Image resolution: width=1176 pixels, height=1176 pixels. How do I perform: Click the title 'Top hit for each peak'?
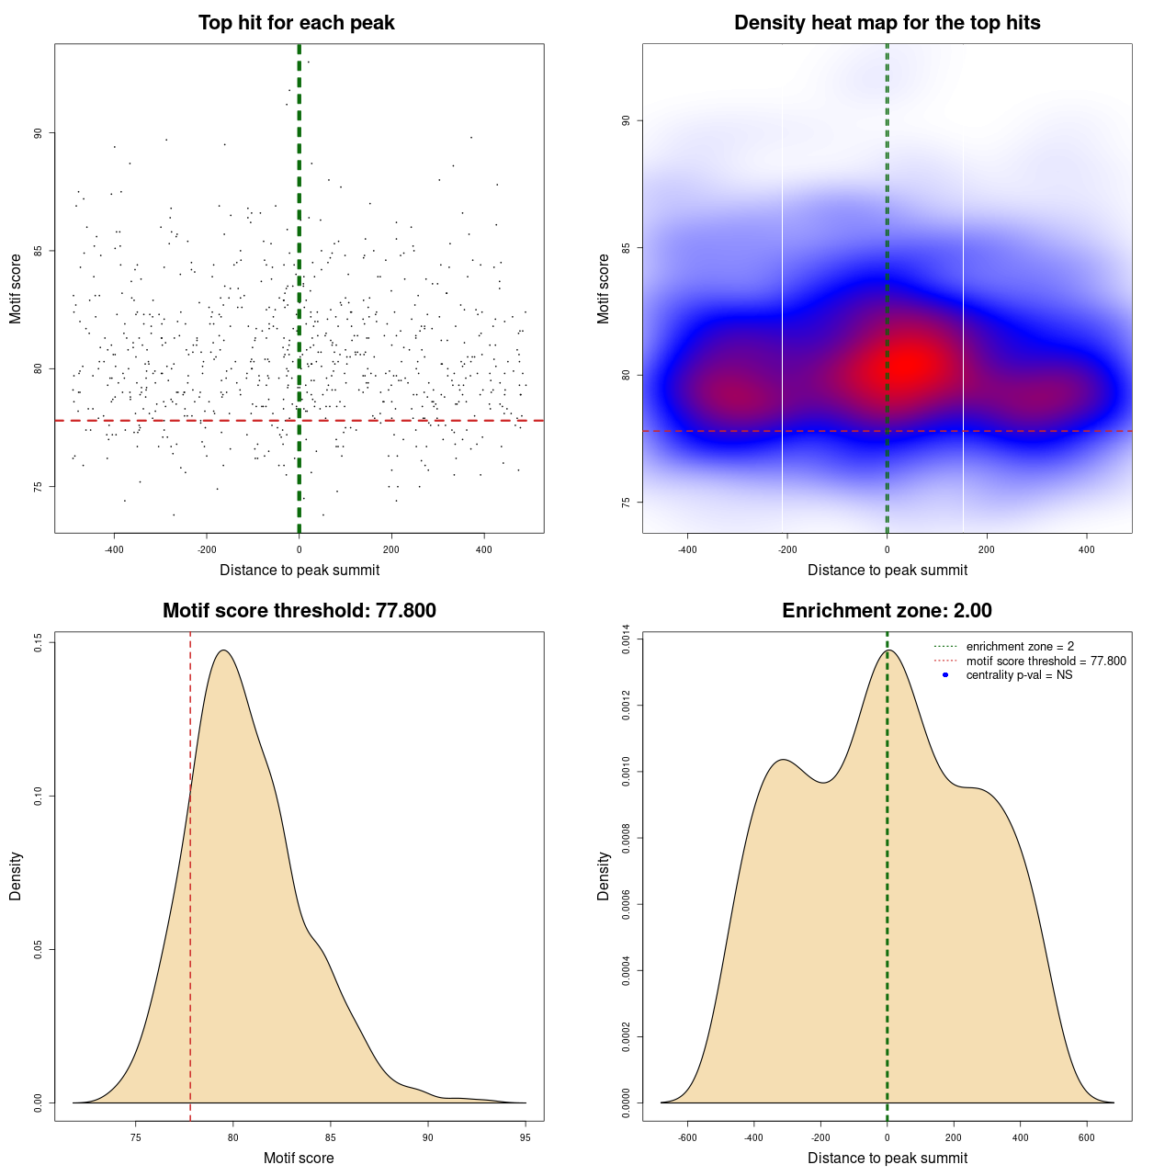(296, 23)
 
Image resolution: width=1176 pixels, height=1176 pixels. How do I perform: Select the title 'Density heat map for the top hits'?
(887, 23)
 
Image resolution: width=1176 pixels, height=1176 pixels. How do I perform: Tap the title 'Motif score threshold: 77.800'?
(299, 611)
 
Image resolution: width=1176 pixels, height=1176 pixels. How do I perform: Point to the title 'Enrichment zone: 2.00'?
(887, 611)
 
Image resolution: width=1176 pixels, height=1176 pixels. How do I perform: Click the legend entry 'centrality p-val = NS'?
(1019, 675)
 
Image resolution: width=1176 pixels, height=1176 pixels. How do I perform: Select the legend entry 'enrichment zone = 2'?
(1020, 647)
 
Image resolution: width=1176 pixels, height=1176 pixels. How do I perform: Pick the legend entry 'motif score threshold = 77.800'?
(1046, 661)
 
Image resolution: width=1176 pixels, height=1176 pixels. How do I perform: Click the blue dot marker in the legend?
(945, 675)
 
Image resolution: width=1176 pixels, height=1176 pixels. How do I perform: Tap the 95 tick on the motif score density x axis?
(525, 1137)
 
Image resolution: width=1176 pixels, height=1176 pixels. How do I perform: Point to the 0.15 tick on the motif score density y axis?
(39, 643)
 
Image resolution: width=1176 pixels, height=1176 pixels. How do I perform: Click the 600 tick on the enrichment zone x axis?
(1087, 1137)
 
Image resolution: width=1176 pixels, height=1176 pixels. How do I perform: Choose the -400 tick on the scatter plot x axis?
(114, 549)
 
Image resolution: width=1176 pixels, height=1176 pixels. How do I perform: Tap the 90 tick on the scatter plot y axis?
(39, 133)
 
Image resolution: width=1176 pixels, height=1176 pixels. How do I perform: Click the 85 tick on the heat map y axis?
(627, 248)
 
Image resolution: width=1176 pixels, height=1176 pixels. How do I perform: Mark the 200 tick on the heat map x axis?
(987, 549)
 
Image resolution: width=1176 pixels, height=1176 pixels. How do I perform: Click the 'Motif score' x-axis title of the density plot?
(299, 1158)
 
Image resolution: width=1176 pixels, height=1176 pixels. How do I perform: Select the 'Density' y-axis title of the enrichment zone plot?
(604, 876)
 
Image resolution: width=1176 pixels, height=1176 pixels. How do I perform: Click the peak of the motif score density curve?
(223, 650)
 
